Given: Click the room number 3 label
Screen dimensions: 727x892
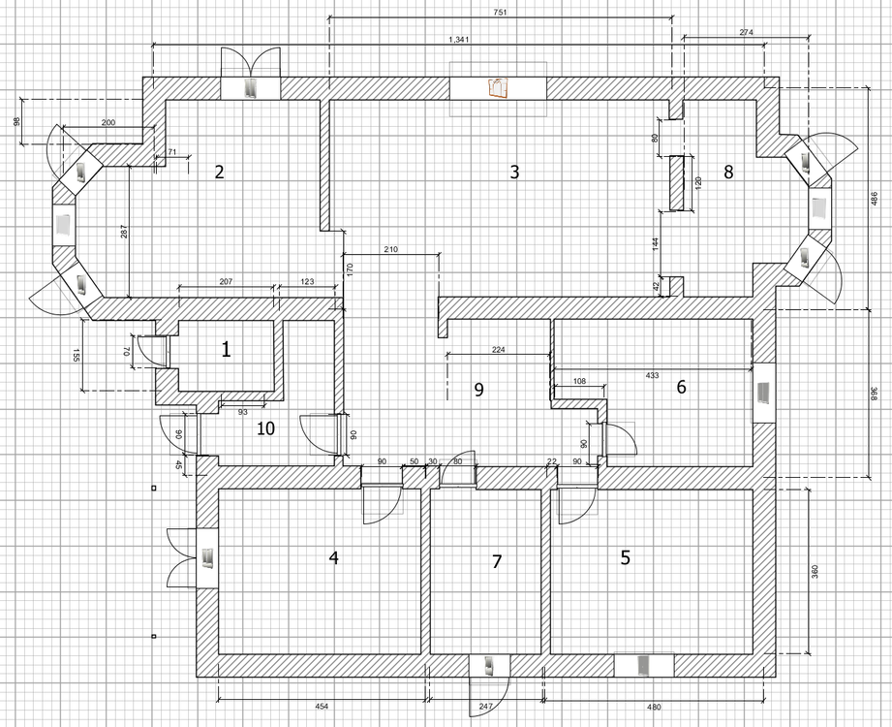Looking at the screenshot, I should tap(515, 173).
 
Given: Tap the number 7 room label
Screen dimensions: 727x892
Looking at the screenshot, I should tap(498, 561).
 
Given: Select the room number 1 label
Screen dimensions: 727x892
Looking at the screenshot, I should tap(227, 349).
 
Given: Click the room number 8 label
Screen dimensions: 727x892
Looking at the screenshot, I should tap(728, 173).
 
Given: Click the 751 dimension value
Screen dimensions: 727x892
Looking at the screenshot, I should tap(500, 13).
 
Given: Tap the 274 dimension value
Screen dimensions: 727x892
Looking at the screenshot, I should tap(747, 33).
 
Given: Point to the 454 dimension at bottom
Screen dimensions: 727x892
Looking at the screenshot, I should tap(322, 707).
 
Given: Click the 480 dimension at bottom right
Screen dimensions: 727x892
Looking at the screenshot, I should tap(655, 707).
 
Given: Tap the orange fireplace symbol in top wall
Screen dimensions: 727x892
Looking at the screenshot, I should tap(498, 88).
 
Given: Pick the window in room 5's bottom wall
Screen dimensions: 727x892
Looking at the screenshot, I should tap(643, 665).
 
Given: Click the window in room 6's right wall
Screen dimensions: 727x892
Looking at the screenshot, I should tap(762, 393).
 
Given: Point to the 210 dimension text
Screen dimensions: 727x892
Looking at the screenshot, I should tap(391, 250).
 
